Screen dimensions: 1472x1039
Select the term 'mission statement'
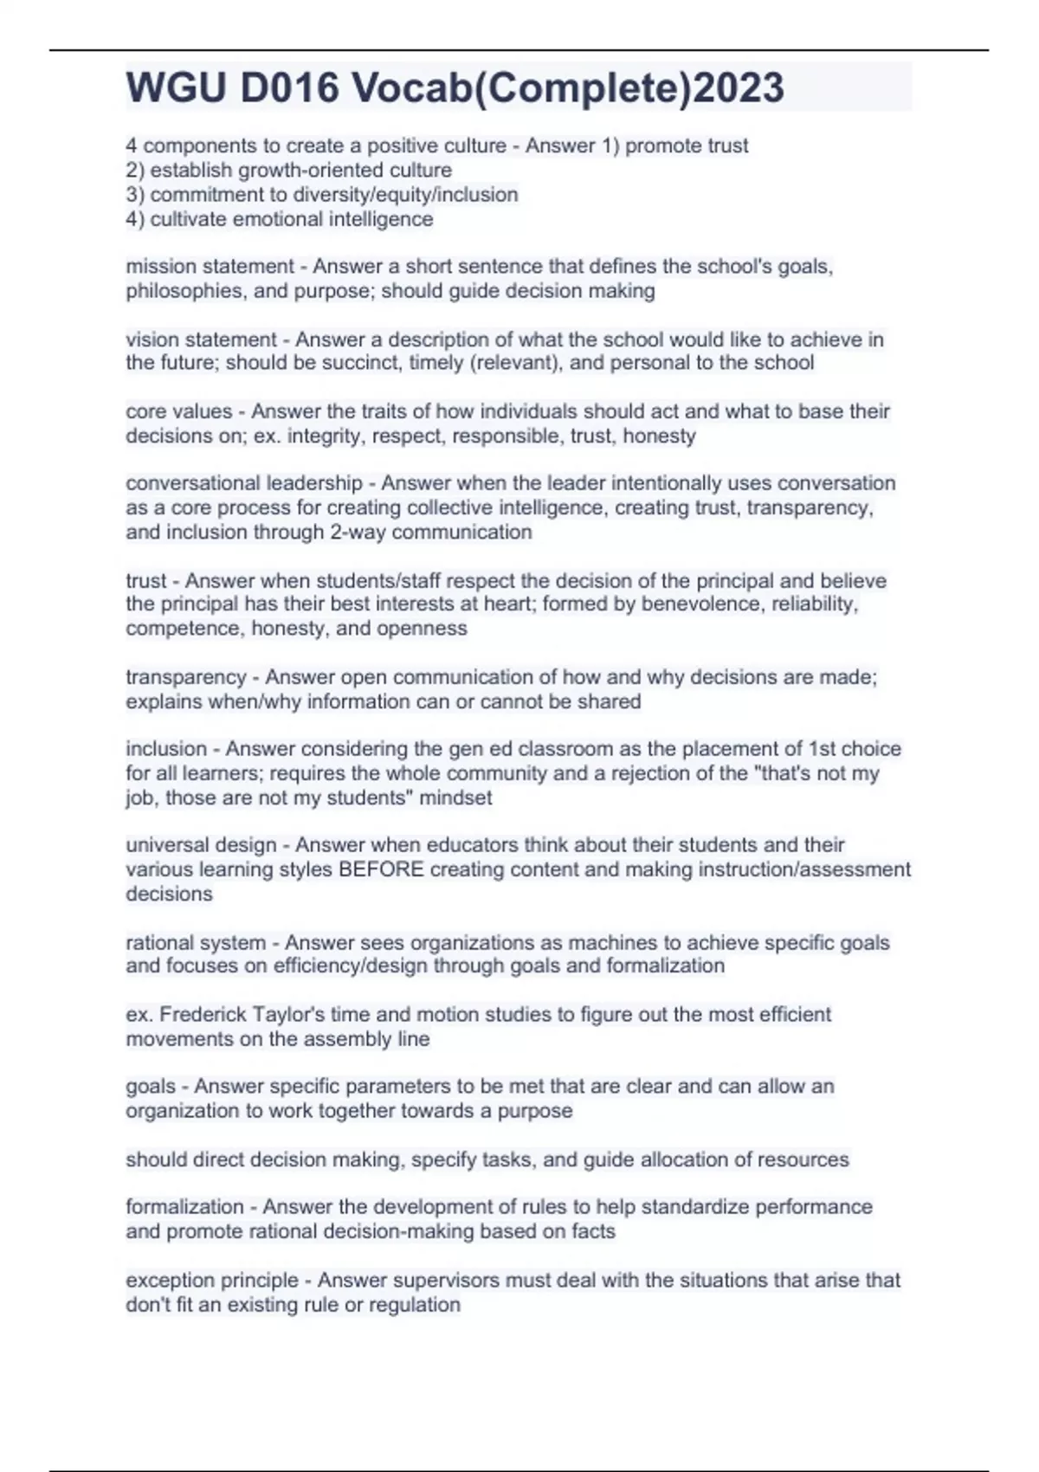click(x=210, y=267)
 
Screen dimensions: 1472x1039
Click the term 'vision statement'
click(x=201, y=339)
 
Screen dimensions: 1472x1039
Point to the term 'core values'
click(x=178, y=411)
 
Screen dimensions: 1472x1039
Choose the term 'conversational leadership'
click(x=243, y=483)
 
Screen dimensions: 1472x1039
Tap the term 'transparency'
click(x=185, y=677)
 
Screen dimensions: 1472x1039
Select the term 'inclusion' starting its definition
click(x=166, y=749)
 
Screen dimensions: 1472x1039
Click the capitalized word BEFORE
click(x=381, y=869)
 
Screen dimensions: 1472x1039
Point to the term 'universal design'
click(x=201, y=845)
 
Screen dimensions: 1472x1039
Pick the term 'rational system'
click(x=196, y=942)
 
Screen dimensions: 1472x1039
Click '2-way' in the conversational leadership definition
click(x=358, y=532)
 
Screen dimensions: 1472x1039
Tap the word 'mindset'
click(x=455, y=797)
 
